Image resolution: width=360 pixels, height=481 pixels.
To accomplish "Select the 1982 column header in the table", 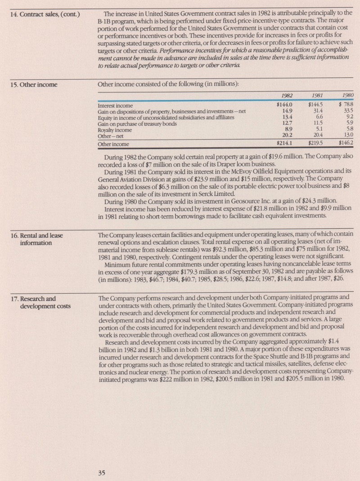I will click(x=288, y=95).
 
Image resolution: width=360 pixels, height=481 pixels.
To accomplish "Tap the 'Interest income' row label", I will click(x=115, y=105).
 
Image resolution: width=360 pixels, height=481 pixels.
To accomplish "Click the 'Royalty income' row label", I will click(x=115, y=130).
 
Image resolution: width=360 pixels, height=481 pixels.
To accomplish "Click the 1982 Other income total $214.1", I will click(x=285, y=144).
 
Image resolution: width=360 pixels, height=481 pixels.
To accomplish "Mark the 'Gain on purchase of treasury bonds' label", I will click(x=137, y=124).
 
